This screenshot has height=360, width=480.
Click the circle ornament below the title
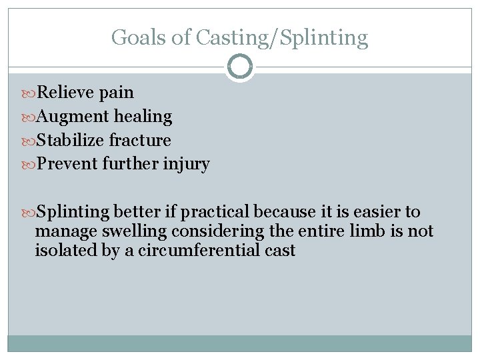[239, 67]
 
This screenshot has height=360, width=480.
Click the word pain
[117, 93]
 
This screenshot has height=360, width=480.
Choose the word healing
[143, 117]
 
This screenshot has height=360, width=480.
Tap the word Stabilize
[70, 141]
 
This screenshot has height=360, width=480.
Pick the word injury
[187, 164]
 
